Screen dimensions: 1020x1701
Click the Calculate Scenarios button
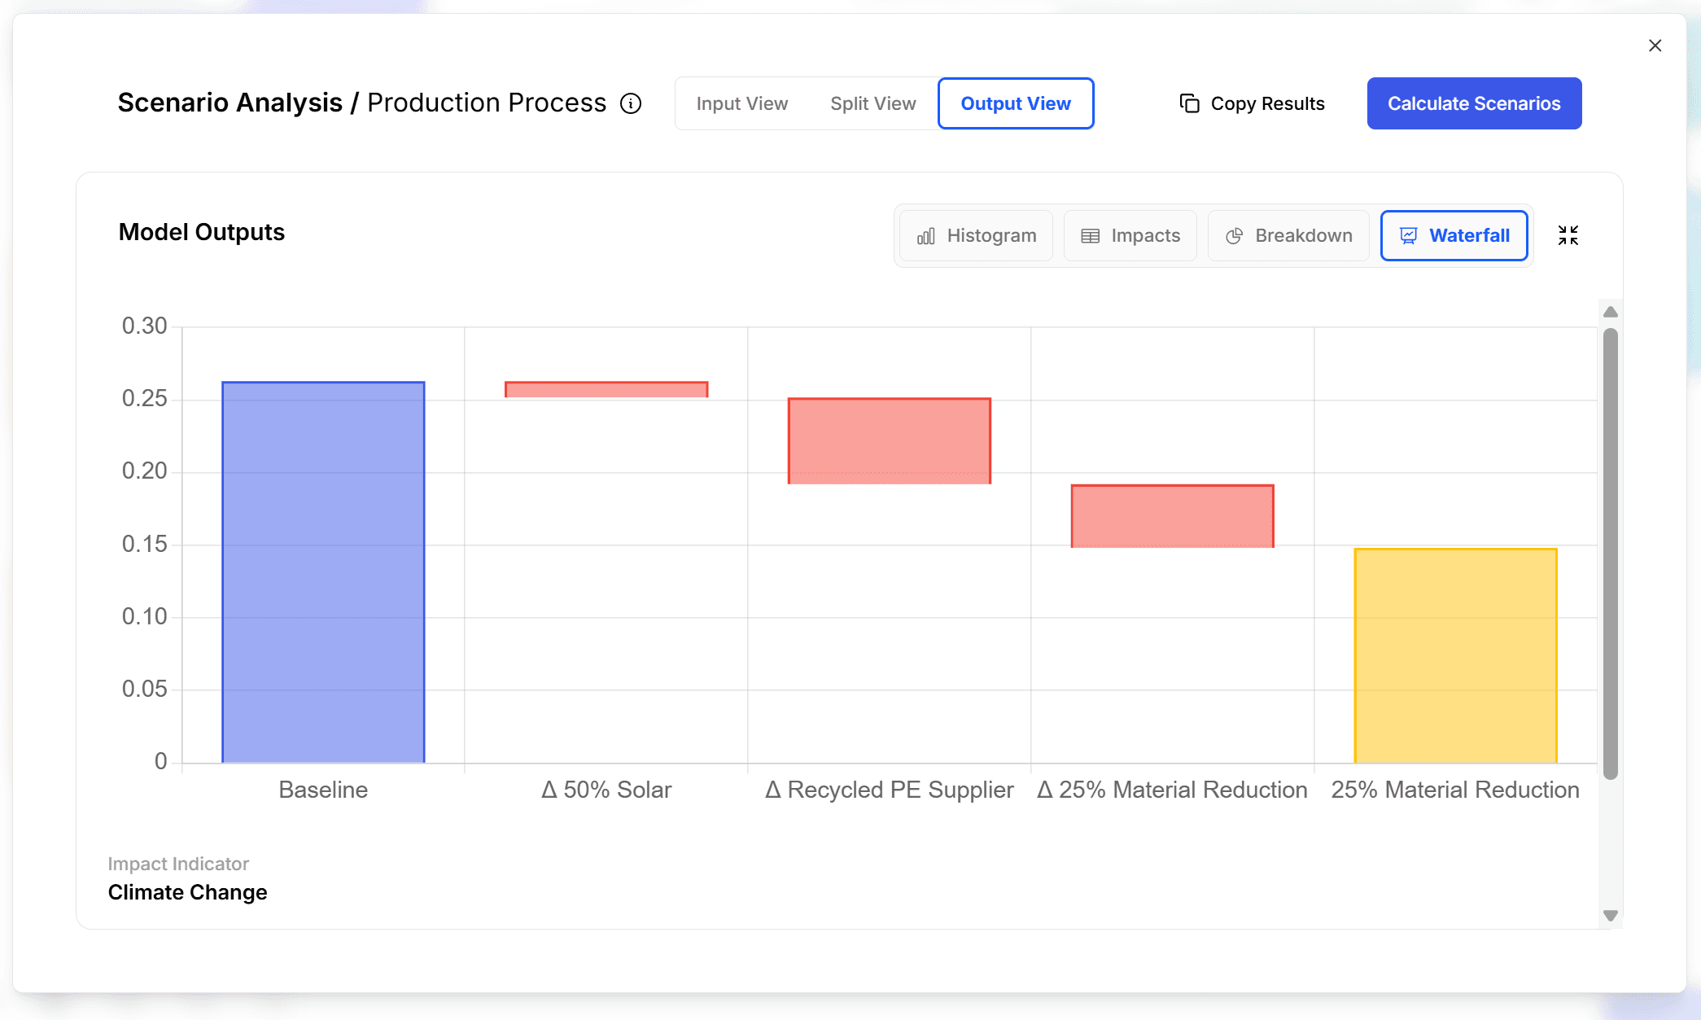pos(1474,103)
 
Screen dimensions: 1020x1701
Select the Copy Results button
pos(1252,103)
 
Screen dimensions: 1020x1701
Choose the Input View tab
pos(741,103)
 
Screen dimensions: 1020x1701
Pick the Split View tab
pos(872,103)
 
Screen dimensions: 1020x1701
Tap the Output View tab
pos(1015,103)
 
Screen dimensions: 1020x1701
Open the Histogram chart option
pos(977,235)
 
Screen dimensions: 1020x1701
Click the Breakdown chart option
pos(1288,235)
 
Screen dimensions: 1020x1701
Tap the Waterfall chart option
pos(1454,235)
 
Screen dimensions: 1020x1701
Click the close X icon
pos(1655,46)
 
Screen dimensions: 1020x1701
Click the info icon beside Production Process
pos(631,103)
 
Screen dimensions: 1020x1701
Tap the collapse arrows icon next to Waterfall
pos(1568,235)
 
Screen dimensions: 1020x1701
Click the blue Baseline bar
pos(323,571)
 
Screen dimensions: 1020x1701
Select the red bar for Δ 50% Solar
pos(606,390)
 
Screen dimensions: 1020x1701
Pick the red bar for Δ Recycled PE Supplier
pos(889,440)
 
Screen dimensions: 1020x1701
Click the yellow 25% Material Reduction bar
pos(1455,655)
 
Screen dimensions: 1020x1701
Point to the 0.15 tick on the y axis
pos(145,544)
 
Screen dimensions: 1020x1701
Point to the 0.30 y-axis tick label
pos(145,326)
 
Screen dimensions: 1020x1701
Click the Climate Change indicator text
pos(187,892)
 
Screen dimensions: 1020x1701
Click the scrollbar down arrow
pos(1610,915)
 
